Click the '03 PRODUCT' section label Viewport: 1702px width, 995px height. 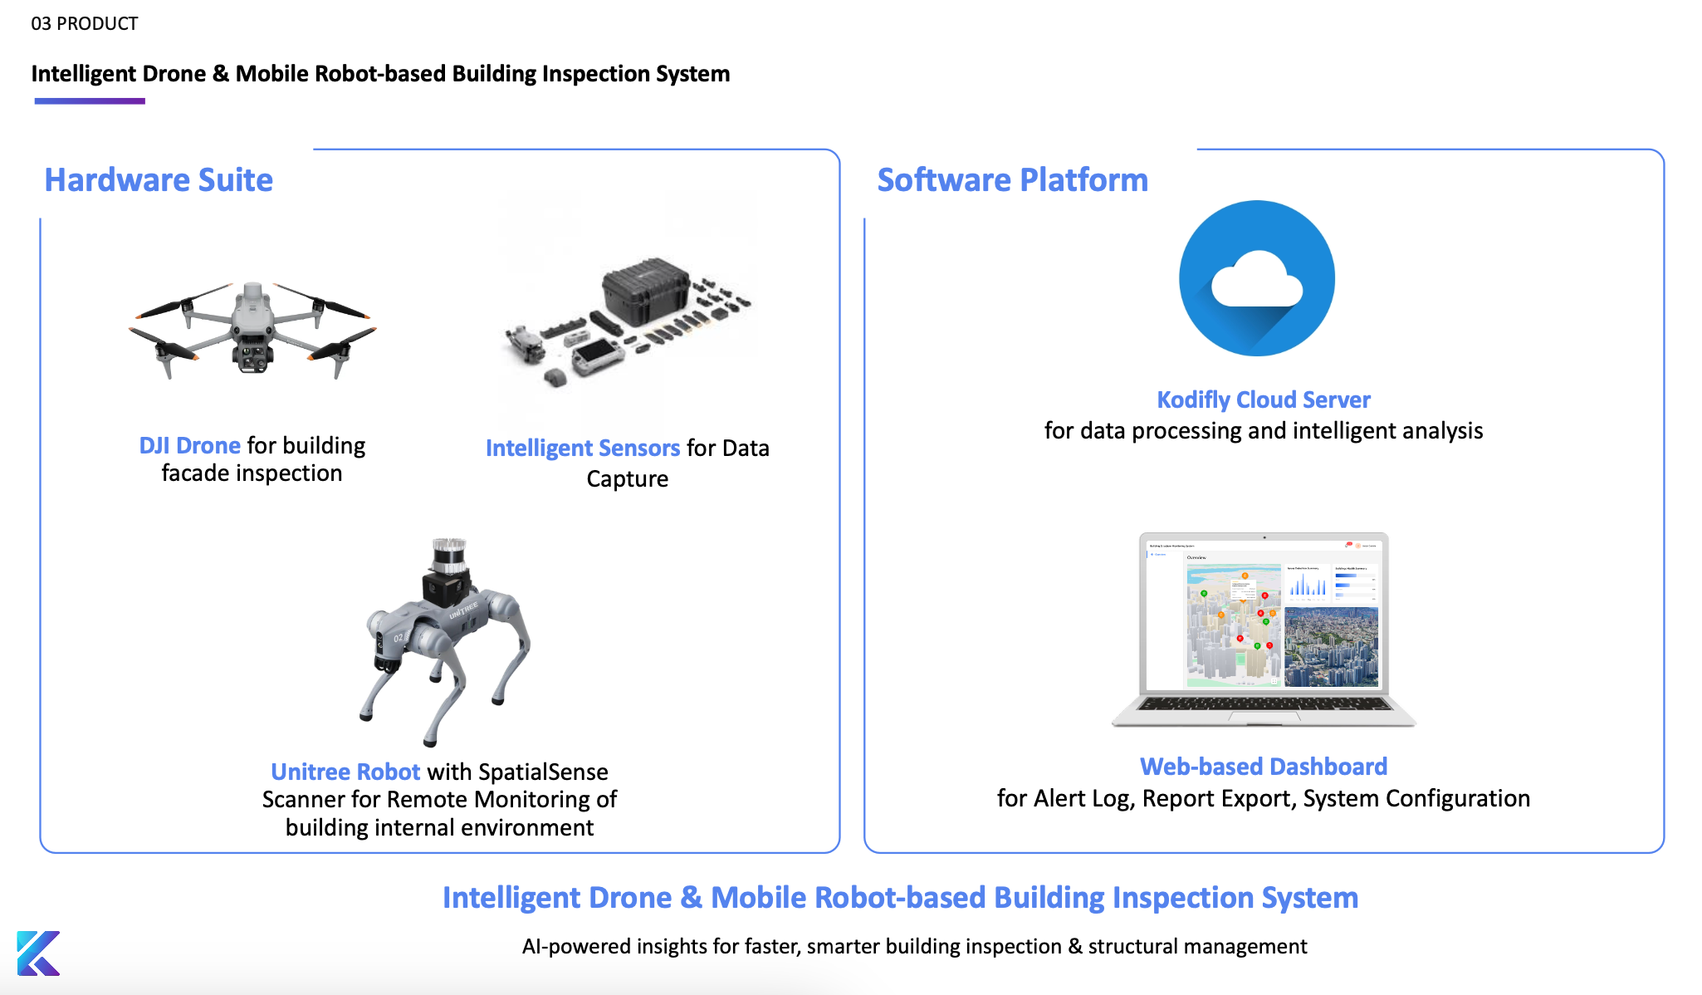pos(85,23)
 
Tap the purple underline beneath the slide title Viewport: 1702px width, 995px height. pos(90,101)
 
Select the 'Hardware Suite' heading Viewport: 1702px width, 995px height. pos(159,180)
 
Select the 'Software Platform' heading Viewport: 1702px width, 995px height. pos(1012,180)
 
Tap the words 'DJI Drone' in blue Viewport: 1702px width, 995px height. pos(189,446)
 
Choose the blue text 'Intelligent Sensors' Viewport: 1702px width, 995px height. pos(582,448)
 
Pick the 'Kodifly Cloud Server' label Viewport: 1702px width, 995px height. pos(1263,400)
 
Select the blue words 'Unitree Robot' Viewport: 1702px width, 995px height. pos(345,772)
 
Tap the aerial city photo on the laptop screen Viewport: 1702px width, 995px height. pos(1331,646)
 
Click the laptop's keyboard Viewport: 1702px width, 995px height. pos(1264,704)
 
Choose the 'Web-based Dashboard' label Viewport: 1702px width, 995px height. pos(1263,767)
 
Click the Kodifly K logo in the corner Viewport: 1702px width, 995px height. pos(38,953)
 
